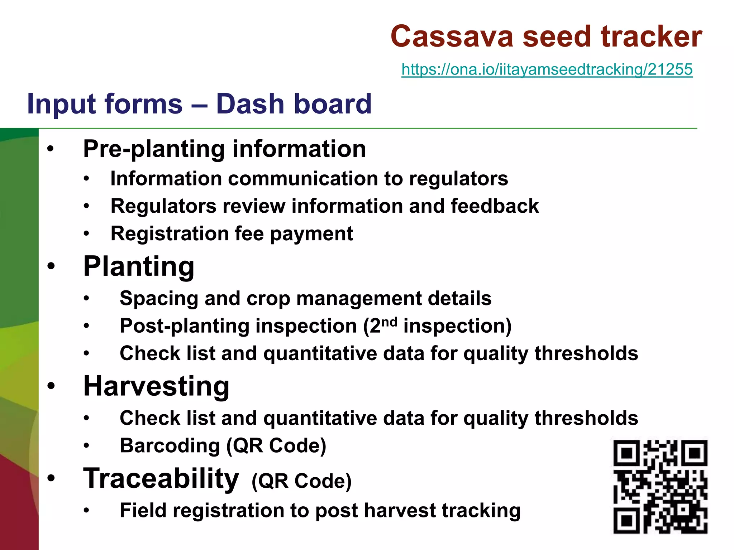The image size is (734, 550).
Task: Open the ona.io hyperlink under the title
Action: [x=547, y=69]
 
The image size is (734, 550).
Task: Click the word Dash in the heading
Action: [x=249, y=104]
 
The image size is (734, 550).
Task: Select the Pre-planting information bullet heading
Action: [x=224, y=149]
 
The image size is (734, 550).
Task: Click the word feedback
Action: [x=495, y=206]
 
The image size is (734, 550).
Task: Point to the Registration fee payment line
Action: [x=232, y=234]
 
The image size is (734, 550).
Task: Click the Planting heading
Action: [x=139, y=267]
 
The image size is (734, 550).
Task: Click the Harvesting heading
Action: [x=156, y=386]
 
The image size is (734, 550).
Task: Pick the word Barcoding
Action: [x=170, y=446]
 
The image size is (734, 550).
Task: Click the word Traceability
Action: [x=161, y=479]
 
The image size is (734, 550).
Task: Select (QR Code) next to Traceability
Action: [x=301, y=481]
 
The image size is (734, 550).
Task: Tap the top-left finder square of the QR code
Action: [x=626, y=453]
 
